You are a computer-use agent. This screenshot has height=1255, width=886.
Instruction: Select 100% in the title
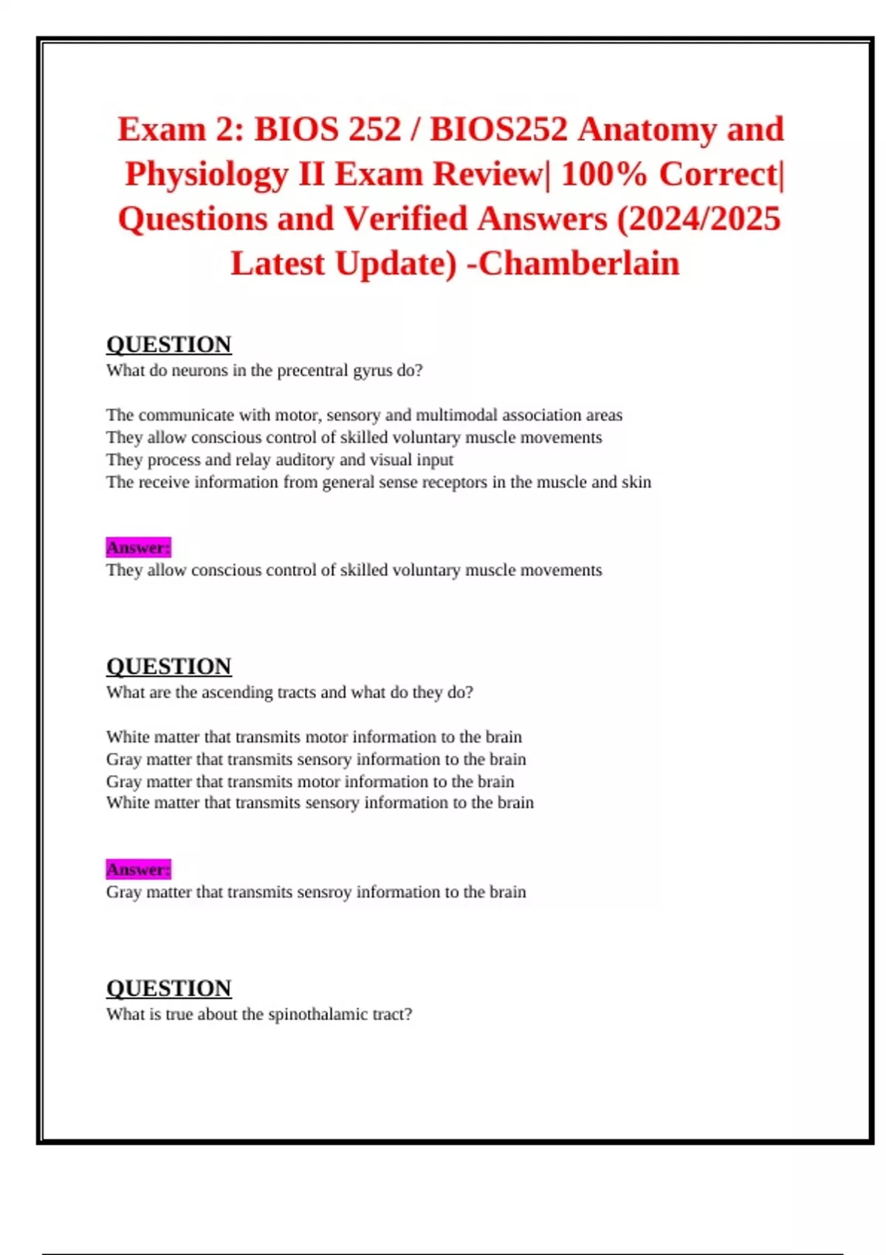coord(604,174)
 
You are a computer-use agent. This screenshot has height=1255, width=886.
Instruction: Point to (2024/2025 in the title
coord(698,219)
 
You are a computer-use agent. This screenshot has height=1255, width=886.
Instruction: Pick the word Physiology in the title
coord(207,174)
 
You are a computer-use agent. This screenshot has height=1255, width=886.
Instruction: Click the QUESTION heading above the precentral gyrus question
coord(169,344)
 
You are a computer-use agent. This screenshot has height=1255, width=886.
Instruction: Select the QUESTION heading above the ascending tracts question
coord(169,666)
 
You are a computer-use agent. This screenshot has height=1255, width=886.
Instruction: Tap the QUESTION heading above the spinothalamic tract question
coord(169,988)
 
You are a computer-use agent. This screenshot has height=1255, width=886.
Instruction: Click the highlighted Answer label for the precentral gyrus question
coord(138,548)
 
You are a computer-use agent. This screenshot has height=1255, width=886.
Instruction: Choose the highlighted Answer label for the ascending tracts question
coord(138,870)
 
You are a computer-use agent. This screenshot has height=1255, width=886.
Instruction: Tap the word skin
coord(636,482)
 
